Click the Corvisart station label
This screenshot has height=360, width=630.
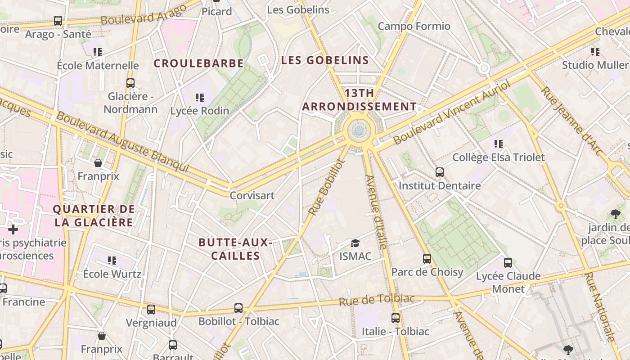pos(252,196)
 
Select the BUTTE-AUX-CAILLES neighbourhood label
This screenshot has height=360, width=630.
pos(235,249)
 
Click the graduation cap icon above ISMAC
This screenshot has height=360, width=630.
pos(355,243)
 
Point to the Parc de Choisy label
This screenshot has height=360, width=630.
pos(427,272)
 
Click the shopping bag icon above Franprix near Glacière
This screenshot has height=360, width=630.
pos(98,162)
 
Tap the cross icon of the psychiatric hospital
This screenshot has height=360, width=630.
pos(13,230)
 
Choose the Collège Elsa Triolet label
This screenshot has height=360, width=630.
pos(498,157)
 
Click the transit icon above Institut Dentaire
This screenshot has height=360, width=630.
pos(440,172)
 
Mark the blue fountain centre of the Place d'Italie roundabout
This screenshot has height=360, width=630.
pos(359,131)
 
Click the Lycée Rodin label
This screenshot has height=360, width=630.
pos(200,110)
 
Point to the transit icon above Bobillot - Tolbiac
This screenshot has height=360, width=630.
pos(238,308)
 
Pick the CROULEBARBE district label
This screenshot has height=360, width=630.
pos(198,63)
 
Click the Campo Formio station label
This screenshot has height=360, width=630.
pos(414,26)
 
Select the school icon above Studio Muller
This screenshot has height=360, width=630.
pos(595,52)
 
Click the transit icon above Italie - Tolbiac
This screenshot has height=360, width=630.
pos(396,318)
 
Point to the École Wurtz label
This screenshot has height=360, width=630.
pos(112,274)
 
